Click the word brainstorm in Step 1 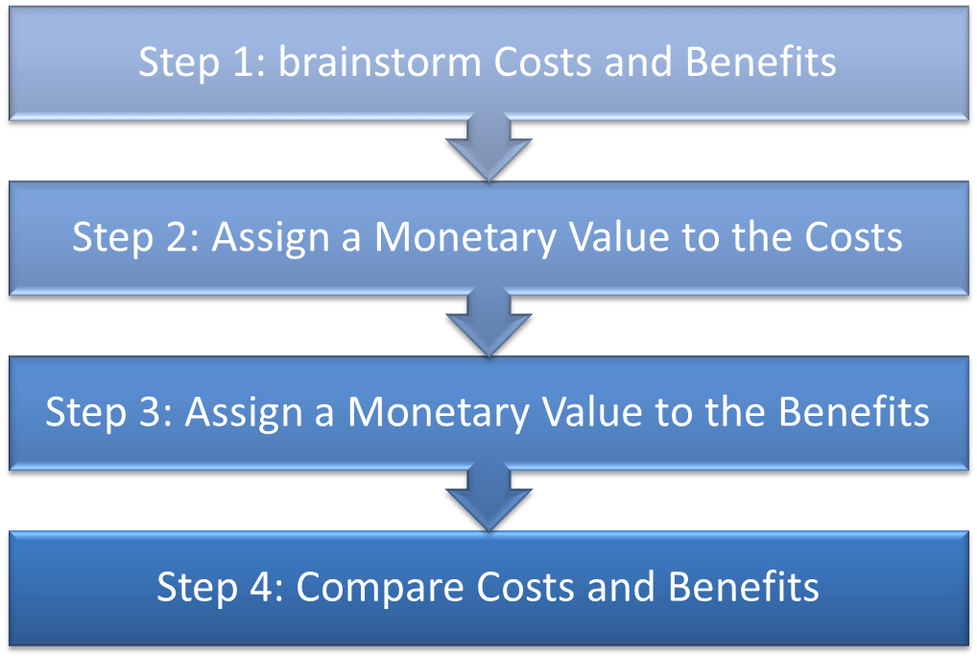tap(379, 61)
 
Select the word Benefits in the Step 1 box tap(760, 61)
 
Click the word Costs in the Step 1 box tap(542, 62)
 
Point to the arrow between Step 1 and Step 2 tap(488, 147)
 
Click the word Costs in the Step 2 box tap(853, 237)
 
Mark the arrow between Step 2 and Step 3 tap(488, 322)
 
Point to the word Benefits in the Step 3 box tap(853, 412)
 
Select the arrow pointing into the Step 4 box tap(488, 497)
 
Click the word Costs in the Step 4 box tap(525, 587)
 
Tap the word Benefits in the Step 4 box tap(744, 587)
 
